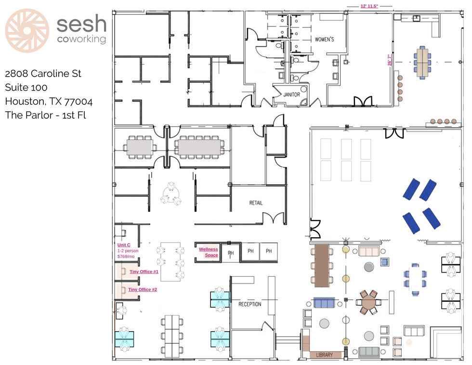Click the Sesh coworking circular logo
(x=27, y=30)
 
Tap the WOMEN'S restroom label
(x=324, y=39)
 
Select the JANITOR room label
(x=291, y=95)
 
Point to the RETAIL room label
(x=256, y=203)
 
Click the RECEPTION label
(x=250, y=304)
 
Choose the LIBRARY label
(x=325, y=355)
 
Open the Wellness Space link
(x=208, y=252)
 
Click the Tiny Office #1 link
(x=144, y=271)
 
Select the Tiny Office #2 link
(x=143, y=289)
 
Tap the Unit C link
(x=124, y=245)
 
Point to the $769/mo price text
(x=126, y=257)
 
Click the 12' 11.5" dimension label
(x=369, y=6)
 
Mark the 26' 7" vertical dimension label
(x=390, y=60)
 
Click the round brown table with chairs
(x=368, y=302)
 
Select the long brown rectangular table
(x=322, y=266)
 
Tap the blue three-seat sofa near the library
(x=324, y=303)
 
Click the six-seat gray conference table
(x=140, y=148)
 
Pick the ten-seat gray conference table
(x=199, y=148)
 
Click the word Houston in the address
(x=26, y=101)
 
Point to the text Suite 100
(x=26, y=87)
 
